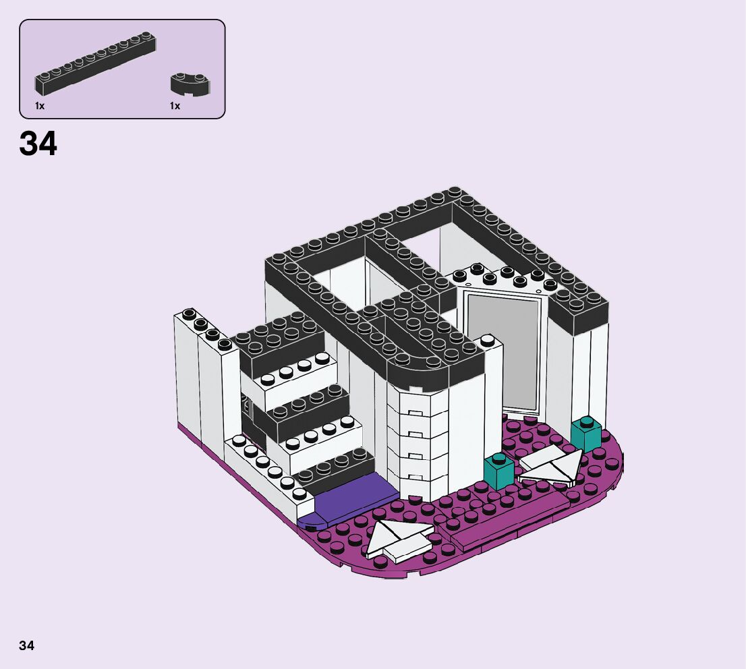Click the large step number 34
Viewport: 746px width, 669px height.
coord(38,143)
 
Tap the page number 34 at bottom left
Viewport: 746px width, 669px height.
coord(27,645)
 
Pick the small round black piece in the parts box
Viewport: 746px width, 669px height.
coord(190,84)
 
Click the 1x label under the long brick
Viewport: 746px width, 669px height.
coord(40,106)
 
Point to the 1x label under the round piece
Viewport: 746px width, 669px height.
coord(175,106)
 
